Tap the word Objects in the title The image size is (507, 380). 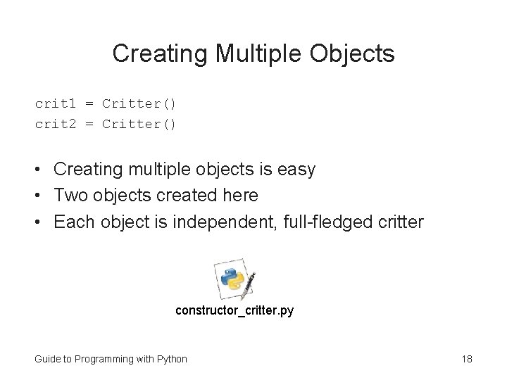coord(353,53)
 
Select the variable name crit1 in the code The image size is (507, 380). coord(55,104)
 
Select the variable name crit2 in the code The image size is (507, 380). coord(55,125)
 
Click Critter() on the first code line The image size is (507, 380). coord(139,104)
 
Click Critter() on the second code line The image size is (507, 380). coord(139,125)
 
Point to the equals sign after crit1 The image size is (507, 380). coord(89,104)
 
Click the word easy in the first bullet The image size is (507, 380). coord(298,170)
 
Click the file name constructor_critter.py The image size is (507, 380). coord(234,310)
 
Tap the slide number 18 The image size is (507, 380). coord(466,359)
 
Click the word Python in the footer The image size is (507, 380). coord(171,359)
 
